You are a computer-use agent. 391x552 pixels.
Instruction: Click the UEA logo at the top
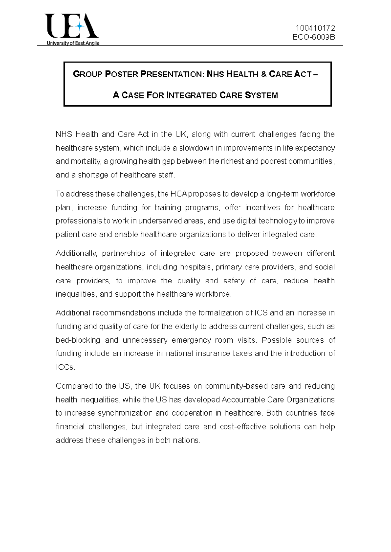point(72,29)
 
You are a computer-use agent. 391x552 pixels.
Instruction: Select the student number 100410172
point(315,28)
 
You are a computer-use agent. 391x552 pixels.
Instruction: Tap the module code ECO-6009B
point(313,37)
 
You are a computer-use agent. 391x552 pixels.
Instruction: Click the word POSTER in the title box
point(122,74)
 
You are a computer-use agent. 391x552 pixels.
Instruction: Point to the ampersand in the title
point(264,74)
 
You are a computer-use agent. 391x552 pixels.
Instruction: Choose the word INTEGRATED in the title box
point(191,95)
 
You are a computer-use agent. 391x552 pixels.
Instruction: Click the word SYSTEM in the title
point(261,95)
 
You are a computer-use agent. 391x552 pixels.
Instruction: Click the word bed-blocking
point(78,340)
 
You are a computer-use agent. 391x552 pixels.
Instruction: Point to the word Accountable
point(242,400)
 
